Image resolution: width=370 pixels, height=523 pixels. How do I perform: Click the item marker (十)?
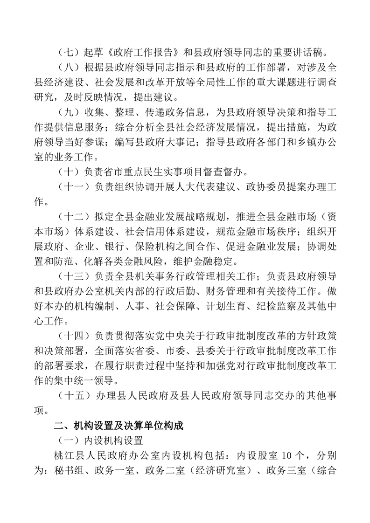point(68,172)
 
